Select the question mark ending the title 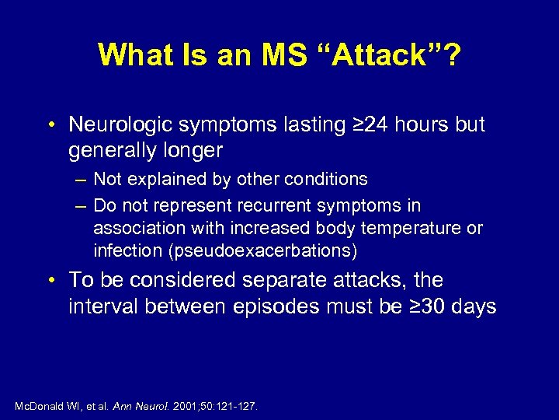pos(450,54)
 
